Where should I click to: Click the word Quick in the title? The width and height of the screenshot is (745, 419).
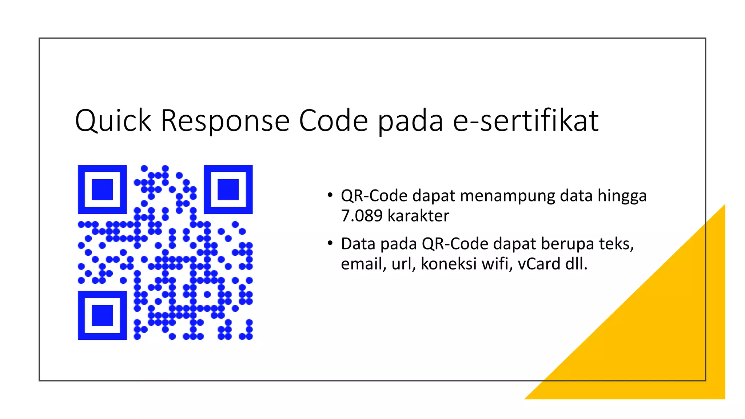(113, 121)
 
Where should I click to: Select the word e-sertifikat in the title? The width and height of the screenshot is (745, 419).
(526, 121)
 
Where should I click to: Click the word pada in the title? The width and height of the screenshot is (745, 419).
(410, 121)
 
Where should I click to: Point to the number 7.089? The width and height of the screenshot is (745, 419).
(362, 216)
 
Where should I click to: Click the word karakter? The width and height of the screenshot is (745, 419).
(418, 216)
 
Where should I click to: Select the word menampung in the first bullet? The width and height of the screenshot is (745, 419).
(507, 196)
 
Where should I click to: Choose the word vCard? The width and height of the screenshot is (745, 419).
(539, 264)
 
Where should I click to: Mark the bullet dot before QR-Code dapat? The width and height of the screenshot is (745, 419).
(330, 195)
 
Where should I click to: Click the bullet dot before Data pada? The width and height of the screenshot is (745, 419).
(330, 243)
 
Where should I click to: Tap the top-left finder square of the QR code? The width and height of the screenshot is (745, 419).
(102, 189)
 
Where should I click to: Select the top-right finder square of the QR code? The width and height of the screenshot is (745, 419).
(228, 189)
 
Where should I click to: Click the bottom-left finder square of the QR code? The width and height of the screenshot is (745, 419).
(102, 315)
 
